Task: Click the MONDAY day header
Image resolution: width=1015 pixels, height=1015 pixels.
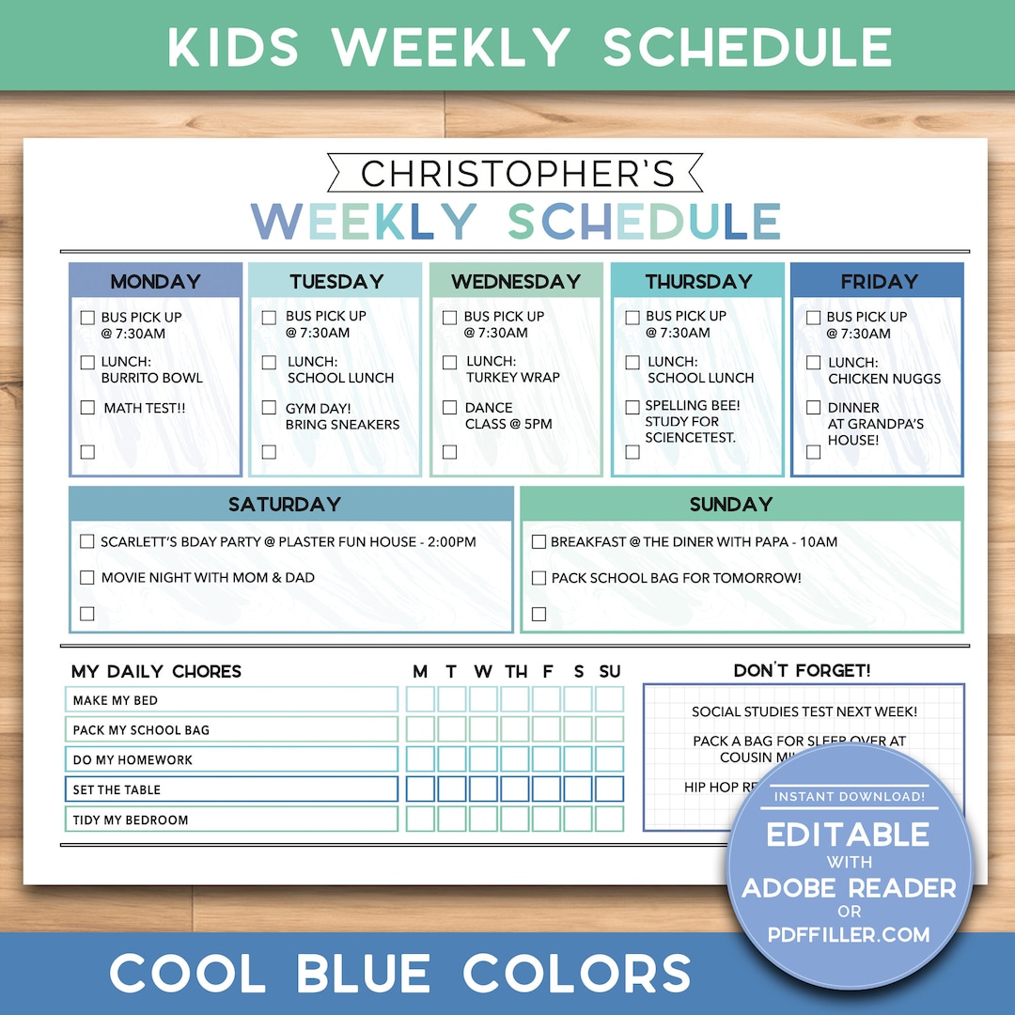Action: [155, 281]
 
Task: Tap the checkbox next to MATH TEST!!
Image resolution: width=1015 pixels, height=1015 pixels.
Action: [87, 408]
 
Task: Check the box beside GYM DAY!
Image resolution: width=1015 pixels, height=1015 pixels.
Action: [269, 408]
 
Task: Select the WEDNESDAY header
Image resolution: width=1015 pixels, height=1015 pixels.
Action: [516, 281]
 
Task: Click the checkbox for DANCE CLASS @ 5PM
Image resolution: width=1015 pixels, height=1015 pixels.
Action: [449, 408]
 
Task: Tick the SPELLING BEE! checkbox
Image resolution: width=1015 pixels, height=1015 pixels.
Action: [632, 407]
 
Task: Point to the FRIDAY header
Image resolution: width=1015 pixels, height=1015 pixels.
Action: [878, 281]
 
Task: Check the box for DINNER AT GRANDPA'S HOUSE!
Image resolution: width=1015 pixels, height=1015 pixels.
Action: [813, 408]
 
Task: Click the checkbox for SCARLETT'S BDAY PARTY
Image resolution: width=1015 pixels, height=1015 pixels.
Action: [87, 541]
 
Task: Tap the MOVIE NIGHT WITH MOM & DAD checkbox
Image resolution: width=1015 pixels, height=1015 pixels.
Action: [87, 577]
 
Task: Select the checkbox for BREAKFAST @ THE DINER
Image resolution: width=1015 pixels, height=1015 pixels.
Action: [539, 541]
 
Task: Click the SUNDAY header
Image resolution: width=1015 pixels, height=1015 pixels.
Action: [730, 504]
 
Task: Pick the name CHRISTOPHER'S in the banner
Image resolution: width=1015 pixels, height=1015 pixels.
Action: [518, 174]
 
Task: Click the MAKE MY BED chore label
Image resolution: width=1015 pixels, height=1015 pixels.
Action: [116, 700]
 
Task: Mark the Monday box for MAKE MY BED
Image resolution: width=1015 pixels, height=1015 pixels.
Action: [420, 699]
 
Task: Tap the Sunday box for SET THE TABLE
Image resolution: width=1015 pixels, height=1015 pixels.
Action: [609, 789]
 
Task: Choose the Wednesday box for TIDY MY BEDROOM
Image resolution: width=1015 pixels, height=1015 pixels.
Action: [483, 820]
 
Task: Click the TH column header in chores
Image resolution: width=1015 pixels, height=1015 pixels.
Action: [516, 671]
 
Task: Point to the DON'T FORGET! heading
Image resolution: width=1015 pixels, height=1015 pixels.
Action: [802, 670]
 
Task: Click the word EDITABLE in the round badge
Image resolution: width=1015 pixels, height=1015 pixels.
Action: [848, 835]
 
